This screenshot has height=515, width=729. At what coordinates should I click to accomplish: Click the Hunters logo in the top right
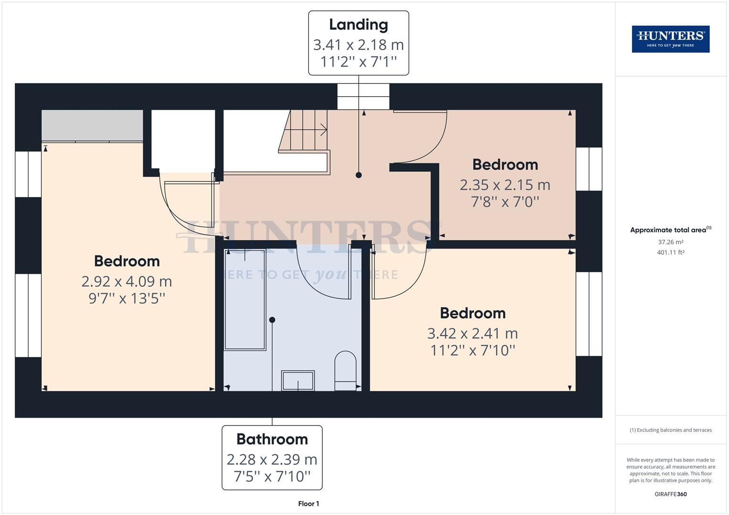[x=670, y=39]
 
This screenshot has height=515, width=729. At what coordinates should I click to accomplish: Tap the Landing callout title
[x=358, y=25]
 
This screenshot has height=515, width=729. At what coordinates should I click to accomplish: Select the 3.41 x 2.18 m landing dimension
[x=358, y=45]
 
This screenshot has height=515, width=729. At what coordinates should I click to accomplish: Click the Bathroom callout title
[x=272, y=439]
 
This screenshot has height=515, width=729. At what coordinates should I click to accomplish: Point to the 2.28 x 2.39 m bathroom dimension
[x=272, y=459]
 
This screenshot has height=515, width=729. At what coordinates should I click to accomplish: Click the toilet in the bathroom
[x=345, y=371]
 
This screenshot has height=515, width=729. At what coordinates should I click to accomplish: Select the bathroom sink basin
[x=298, y=381]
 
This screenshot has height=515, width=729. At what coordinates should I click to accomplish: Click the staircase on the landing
[x=305, y=131]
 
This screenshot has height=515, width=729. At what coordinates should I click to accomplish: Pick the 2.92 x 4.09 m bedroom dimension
[x=127, y=281]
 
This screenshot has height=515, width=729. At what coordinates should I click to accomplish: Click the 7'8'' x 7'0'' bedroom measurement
[x=505, y=202]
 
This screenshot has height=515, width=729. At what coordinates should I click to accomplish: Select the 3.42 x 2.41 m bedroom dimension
[x=472, y=333]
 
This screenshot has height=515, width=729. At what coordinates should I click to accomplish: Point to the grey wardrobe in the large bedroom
[x=92, y=125]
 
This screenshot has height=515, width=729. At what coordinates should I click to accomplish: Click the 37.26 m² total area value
[x=670, y=242]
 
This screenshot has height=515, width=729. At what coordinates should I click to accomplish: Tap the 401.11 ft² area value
[x=670, y=253]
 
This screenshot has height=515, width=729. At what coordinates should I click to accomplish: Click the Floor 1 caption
[x=308, y=504]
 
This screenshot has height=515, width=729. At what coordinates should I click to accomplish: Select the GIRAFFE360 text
[x=670, y=494]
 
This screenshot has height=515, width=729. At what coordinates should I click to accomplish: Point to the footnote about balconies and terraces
[x=670, y=430]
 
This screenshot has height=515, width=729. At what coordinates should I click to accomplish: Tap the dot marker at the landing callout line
[x=359, y=175]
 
